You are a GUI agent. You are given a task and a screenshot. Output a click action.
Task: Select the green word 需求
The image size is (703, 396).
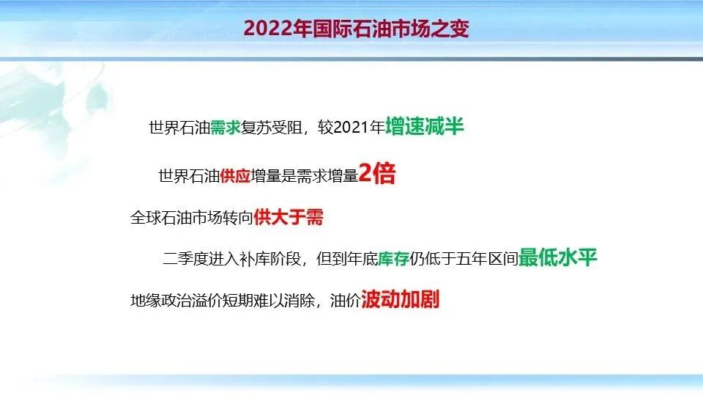[x=226, y=128]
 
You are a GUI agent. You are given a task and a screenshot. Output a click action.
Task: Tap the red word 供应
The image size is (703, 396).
[x=235, y=176]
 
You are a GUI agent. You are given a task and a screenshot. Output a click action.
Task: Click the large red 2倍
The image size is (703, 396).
[x=377, y=174]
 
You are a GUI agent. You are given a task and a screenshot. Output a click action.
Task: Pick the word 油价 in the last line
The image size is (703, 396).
[x=345, y=301]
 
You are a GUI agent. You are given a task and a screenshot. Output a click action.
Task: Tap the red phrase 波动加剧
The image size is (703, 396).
[x=401, y=300]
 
